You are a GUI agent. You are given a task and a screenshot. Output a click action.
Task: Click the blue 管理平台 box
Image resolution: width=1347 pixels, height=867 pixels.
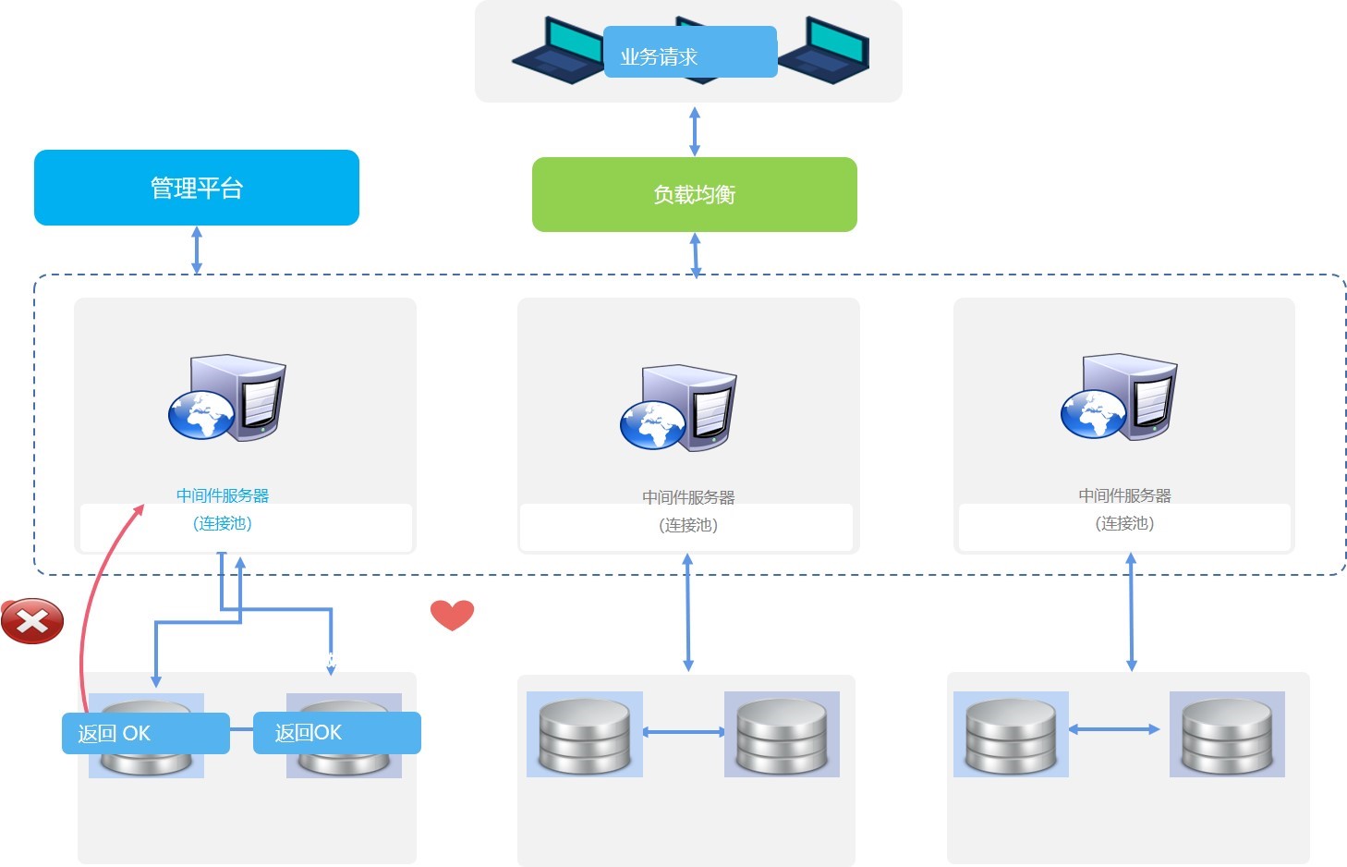pyautogui.click(x=196, y=188)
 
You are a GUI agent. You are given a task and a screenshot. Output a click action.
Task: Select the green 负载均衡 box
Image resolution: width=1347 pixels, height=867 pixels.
pyautogui.click(x=694, y=194)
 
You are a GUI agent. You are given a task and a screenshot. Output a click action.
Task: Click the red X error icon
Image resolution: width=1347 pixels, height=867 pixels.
pyautogui.click(x=32, y=620)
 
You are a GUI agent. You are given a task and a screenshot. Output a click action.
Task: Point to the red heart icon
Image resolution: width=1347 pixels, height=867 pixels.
pyautogui.click(x=452, y=615)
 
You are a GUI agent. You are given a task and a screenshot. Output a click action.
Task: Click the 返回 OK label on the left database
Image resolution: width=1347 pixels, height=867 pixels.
pyautogui.click(x=145, y=733)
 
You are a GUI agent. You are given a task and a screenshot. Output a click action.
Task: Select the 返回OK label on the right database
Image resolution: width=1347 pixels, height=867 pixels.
pyautogui.click(x=336, y=733)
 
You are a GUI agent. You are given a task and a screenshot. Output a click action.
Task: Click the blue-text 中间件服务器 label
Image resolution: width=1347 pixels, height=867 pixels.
pyautogui.click(x=223, y=495)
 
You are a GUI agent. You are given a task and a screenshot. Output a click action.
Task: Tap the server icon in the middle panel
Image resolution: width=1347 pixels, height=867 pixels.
pyautogui.click(x=679, y=408)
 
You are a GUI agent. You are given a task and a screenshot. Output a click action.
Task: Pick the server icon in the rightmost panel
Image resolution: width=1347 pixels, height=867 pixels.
pyautogui.click(x=1119, y=397)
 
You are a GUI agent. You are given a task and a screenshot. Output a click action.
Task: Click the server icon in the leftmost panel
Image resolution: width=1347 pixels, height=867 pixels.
pyautogui.click(x=227, y=398)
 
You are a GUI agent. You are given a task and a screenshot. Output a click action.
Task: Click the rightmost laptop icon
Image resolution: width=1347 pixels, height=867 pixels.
pyautogui.click(x=824, y=50)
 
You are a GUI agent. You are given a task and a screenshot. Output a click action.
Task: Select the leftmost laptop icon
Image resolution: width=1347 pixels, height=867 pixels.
pyautogui.click(x=558, y=50)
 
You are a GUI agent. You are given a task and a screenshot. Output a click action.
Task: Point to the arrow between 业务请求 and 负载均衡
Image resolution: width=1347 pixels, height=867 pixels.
pyautogui.click(x=695, y=130)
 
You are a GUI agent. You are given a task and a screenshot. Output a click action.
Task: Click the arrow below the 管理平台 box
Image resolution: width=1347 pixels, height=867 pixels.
pyautogui.click(x=196, y=250)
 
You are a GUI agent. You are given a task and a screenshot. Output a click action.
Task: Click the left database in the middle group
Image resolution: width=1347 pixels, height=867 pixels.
pyautogui.click(x=584, y=734)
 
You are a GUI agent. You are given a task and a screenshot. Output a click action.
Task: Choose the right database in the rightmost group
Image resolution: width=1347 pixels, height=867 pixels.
pyautogui.click(x=1227, y=734)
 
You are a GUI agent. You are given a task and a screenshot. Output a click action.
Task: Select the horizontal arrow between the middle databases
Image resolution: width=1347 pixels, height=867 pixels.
pyautogui.click(x=684, y=732)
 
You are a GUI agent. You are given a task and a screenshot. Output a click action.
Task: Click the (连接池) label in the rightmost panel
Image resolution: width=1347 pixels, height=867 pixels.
pyautogui.click(x=1124, y=523)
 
